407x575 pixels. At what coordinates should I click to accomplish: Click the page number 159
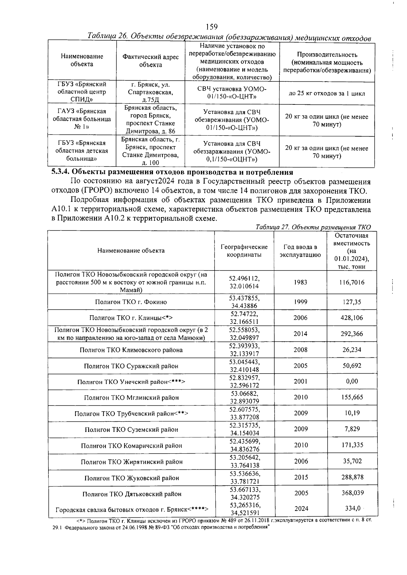(x=211, y=27)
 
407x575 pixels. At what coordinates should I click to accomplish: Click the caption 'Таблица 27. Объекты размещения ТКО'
(x=313, y=227)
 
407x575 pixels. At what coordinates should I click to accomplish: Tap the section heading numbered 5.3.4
(x=172, y=172)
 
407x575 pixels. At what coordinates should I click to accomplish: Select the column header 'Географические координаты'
(x=244, y=251)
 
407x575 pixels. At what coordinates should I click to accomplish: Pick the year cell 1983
(x=301, y=282)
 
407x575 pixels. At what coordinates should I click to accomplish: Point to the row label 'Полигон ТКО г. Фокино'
(x=131, y=302)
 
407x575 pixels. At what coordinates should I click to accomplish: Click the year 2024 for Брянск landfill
(x=301, y=509)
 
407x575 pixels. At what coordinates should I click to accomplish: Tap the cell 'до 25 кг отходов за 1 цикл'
(x=327, y=93)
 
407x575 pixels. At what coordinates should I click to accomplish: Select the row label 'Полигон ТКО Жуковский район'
(x=132, y=478)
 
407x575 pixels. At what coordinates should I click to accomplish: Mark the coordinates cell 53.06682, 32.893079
(x=244, y=397)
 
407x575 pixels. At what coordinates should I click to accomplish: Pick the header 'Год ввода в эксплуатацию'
(x=300, y=251)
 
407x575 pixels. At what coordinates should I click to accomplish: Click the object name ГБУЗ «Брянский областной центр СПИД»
(x=82, y=92)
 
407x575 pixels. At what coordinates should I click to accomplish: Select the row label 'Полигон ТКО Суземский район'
(x=131, y=430)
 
